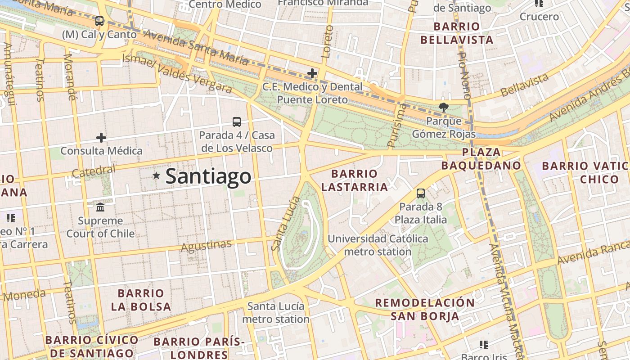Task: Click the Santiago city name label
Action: pyautogui.click(x=208, y=176)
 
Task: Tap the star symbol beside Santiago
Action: pyautogui.click(x=156, y=176)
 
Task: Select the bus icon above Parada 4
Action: pyautogui.click(x=237, y=121)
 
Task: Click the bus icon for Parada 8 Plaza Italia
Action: pyautogui.click(x=421, y=193)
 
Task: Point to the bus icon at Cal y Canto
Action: pyautogui.click(x=99, y=21)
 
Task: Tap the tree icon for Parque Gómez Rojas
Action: pyautogui.click(x=444, y=107)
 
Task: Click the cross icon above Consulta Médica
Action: pyautogui.click(x=101, y=137)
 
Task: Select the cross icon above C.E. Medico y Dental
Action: pyautogui.click(x=312, y=73)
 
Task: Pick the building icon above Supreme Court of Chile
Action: pyautogui.click(x=100, y=207)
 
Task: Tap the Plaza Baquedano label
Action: pyautogui.click(x=481, y=159)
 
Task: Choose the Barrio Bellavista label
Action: pyautogui.click(x=457, y=33)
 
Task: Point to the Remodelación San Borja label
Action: pyautogui.click(x=425, y=309)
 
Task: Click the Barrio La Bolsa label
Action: pyautogui.click(x=141, y=300)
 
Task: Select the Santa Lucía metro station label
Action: pyautogui.click(x=276, y=313)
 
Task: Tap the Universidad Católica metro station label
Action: pyautogui.click(x=378, y=245)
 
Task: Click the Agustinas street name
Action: pyautogui.click(x=206, y=246)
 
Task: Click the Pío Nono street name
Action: pyautogui.click(x=464, y=75)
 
